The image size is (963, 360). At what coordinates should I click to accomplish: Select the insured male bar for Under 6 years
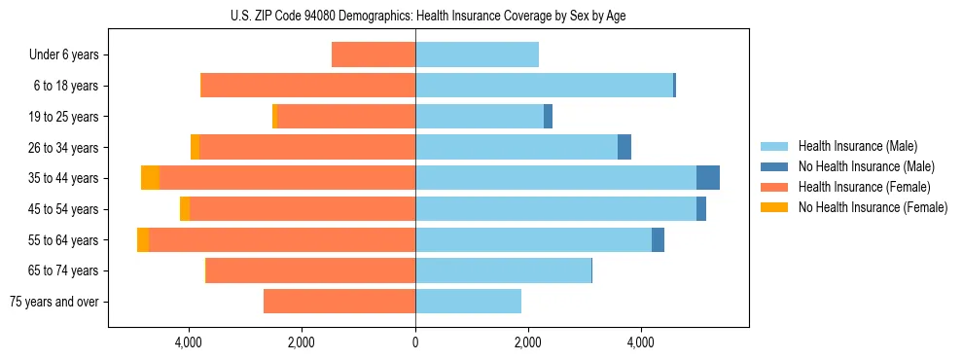click(477, 54)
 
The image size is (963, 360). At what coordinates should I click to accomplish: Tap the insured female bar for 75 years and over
click(339, 302)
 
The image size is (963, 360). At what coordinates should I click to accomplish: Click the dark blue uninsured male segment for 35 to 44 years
click(708, 178)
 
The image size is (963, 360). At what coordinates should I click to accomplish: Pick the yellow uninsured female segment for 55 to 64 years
click(143, 239)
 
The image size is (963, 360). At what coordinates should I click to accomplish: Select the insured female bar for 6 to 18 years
click(307, 86)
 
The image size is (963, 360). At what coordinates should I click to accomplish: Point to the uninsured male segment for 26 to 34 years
click(624, 147)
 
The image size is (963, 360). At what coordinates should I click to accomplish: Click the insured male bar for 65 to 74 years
click(503, 270)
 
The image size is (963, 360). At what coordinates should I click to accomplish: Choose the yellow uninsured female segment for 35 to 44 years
click(150, 178)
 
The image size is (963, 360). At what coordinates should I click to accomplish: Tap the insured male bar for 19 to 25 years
click(480, 117)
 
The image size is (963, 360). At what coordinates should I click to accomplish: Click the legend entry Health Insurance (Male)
click(857, 146)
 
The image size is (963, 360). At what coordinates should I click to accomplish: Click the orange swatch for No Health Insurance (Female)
click(774, 207)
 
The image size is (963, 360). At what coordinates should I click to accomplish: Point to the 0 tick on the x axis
click(415, 342)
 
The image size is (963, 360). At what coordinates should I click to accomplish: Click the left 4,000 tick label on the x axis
click(188, 342)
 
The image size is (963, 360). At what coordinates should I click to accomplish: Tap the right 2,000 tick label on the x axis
click(527, 342)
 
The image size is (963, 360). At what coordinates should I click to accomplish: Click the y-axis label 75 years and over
click(53, 302)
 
